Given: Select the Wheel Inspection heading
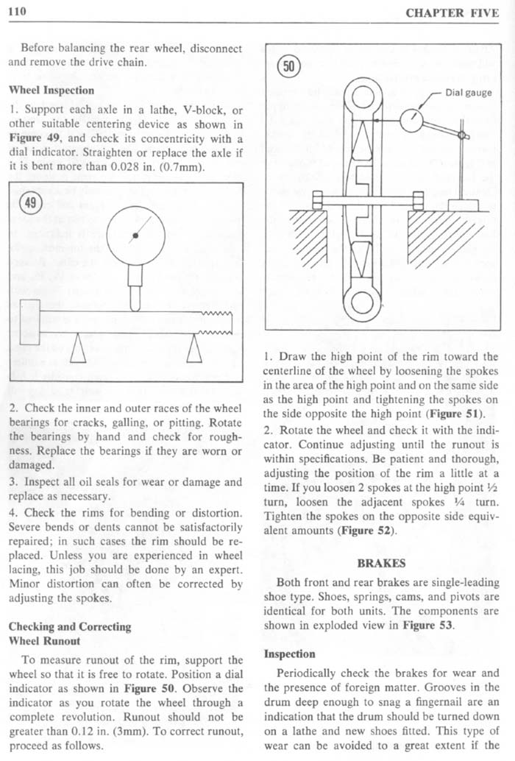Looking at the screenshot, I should click(x=51, y=90).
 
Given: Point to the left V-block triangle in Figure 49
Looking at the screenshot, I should click(x=77, y=351).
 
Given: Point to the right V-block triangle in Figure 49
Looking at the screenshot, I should click(x=195, y=350).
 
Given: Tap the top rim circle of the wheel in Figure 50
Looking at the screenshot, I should click(x=365, y=99).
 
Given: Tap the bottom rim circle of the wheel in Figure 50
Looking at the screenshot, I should click(x=365, y=301).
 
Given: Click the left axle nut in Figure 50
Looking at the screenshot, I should click(x=318, y=199).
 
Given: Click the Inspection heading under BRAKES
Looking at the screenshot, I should click(x=290, y=654).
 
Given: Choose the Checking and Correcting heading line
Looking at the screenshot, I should click(x=69, y=626).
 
